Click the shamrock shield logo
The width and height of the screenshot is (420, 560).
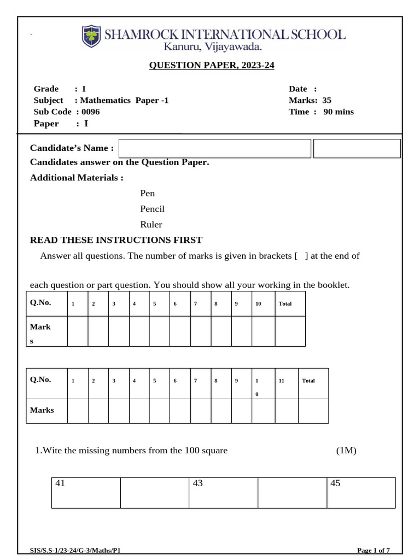(91, 36)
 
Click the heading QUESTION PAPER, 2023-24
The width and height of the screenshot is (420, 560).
(212, 66)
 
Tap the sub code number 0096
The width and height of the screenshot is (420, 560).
(91, 112)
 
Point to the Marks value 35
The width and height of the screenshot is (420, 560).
(327, 100)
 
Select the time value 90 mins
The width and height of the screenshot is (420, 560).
(339, 112)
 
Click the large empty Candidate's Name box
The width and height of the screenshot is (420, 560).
(214, 148)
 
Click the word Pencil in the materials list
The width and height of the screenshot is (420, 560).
(153, 209)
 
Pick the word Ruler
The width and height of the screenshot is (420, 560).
(151, 224)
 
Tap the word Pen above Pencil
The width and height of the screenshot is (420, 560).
(148, 193)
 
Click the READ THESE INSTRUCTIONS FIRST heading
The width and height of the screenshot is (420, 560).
(116, 240)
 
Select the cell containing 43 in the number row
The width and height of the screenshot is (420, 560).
(224, 492)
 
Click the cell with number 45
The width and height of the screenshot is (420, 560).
(361, 492)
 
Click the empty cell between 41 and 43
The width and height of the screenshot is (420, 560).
(155, 492)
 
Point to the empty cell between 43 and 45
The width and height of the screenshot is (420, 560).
(292, 492)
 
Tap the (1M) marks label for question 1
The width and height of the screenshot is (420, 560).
(346, 451)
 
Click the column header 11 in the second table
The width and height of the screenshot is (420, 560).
(282, 381)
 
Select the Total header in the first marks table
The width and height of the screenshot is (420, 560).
(285, 304)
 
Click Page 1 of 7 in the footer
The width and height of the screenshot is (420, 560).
(373, 550)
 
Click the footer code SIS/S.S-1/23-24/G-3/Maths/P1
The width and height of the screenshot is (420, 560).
(75, 550)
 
